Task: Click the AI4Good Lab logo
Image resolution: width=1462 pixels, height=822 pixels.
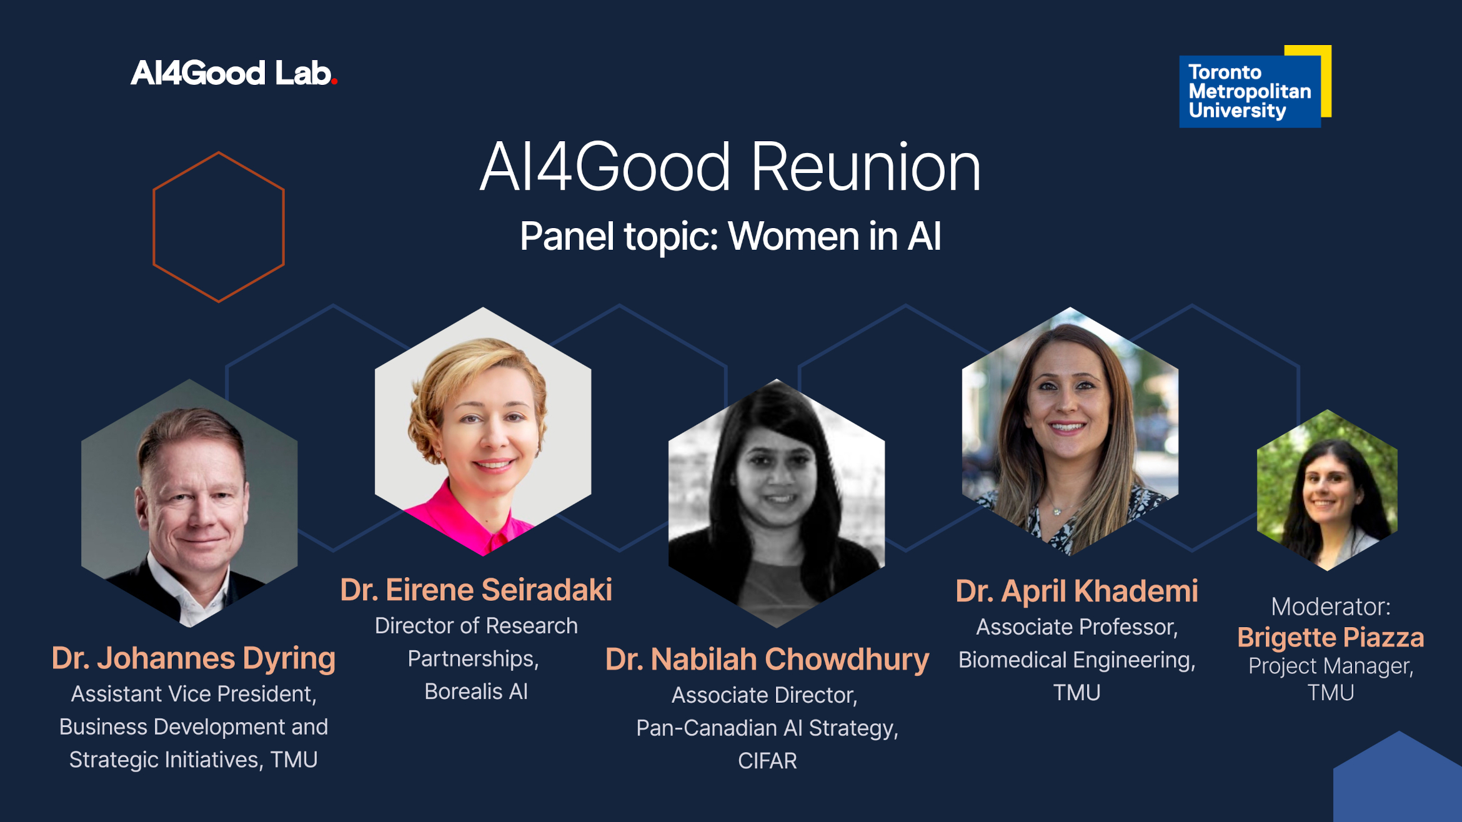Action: [234, 73]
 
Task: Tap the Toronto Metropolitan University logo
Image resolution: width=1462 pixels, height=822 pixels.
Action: [1255, 86]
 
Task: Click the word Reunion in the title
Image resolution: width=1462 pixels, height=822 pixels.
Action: [866, 167]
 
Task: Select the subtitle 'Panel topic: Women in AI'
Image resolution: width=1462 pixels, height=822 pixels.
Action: [730, 236]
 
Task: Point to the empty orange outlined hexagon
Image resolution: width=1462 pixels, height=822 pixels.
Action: [154, 227]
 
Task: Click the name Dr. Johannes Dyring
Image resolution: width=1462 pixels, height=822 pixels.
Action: [194, 658]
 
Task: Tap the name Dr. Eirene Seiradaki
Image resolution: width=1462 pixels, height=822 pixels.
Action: [476, 590]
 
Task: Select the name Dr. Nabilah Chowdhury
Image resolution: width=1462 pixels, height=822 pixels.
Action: [767, 660]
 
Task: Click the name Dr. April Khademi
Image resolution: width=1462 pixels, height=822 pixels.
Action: [1077, 591]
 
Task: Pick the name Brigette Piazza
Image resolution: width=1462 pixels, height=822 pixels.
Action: [1331, 638]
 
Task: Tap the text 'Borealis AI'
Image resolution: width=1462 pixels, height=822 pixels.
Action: [476, 691]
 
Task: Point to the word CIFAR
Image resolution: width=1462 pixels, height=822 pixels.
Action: [767, 761]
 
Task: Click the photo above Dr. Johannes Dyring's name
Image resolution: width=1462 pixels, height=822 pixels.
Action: [189, 503]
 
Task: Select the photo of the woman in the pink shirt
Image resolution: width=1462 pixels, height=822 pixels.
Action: [483, 431]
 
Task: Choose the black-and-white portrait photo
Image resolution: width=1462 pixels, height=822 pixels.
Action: [777, 503]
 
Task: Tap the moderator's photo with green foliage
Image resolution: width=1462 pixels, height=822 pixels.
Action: [1327, 490]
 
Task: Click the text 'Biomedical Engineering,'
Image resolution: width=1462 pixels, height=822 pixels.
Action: [1077, 660]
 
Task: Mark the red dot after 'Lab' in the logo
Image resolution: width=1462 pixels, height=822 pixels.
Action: [334, 81]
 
